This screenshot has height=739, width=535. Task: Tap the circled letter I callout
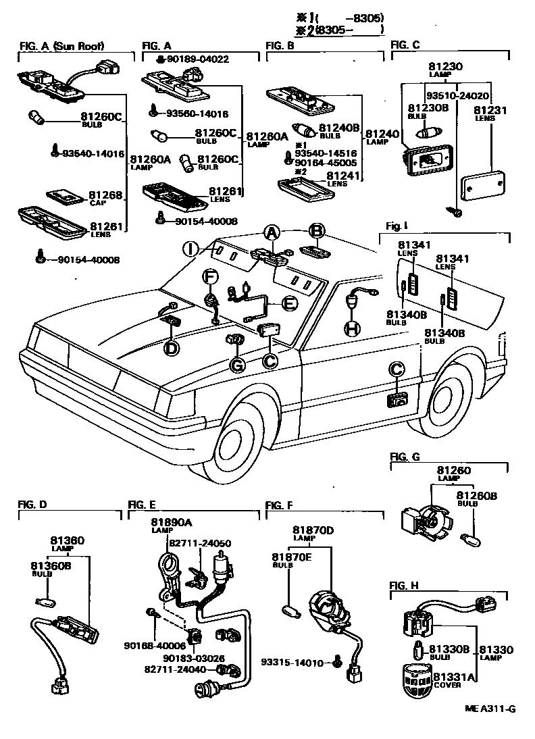[192, 249]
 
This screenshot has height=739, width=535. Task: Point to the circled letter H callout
[352, 328]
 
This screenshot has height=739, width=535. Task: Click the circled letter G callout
[237, 365]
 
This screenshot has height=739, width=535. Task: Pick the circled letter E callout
[288, 305]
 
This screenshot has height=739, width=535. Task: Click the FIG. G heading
[405, 457]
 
